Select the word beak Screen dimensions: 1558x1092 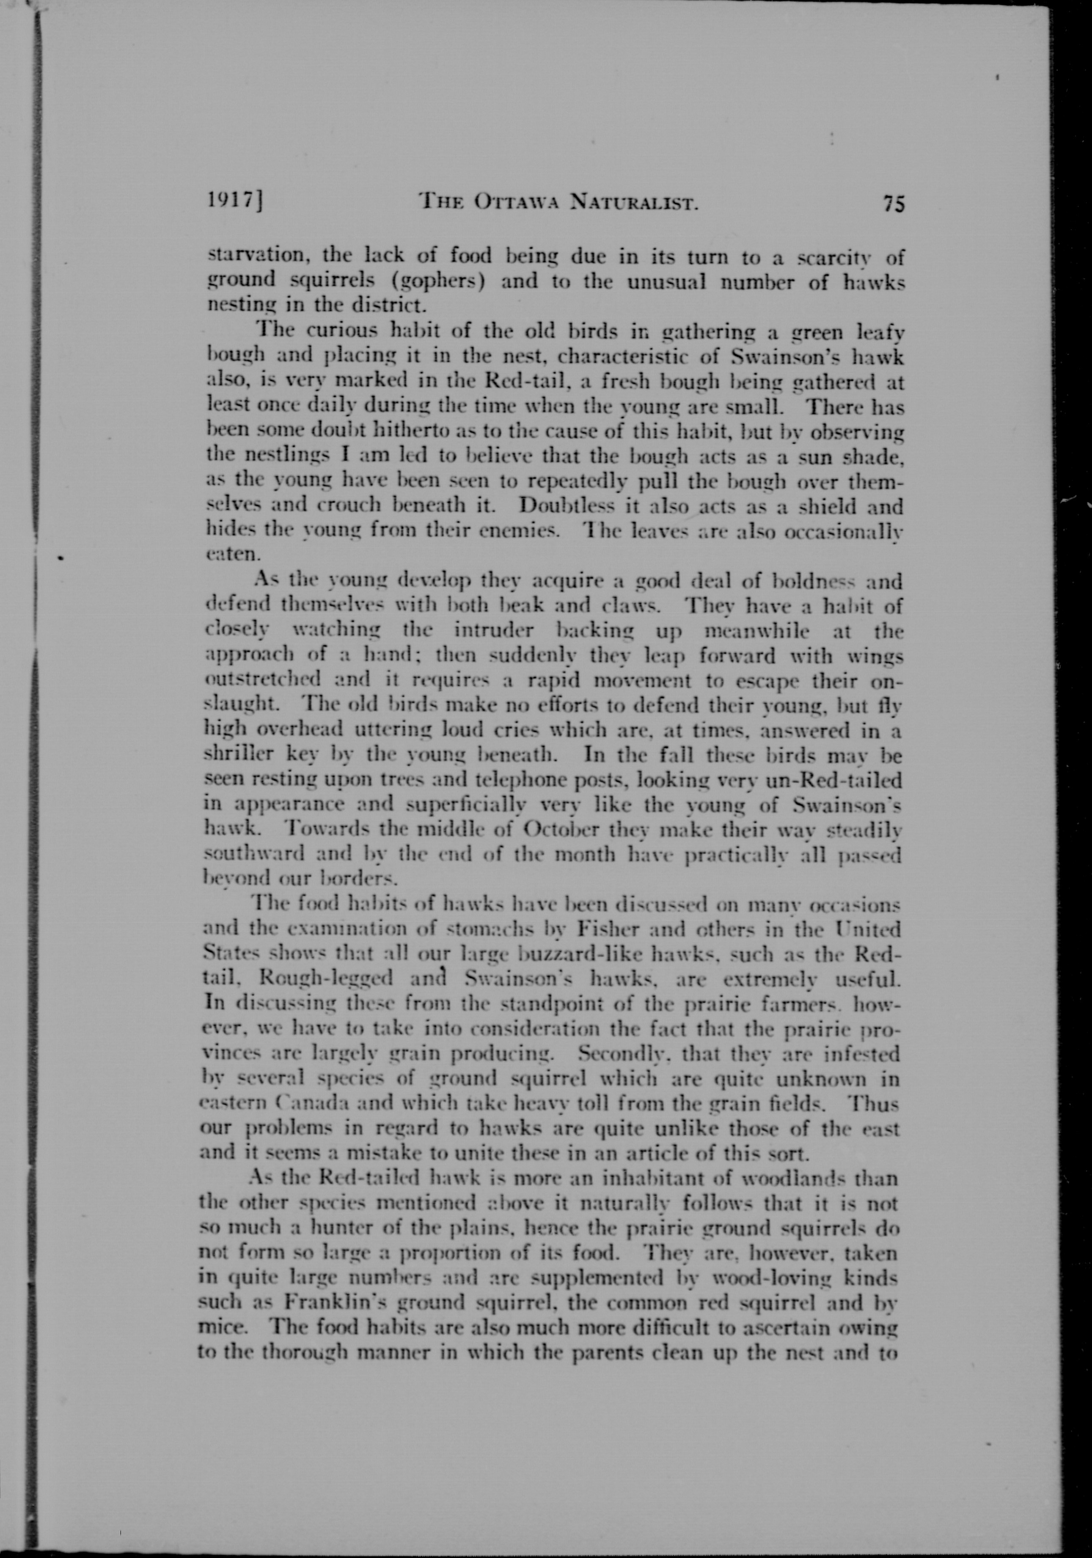point(520,607)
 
